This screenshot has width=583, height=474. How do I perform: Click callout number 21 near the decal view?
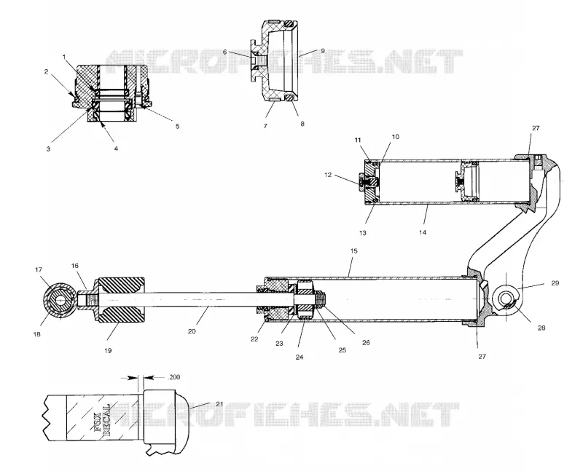(219, 404)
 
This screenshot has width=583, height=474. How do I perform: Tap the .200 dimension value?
(173, 377)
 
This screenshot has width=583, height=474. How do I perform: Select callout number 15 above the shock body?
(353, 251)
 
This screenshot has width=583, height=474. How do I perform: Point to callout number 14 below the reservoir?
(423, 232)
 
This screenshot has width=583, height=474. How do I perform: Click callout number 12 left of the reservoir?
(327, 175)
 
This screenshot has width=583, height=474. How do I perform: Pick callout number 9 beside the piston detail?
(322, 50)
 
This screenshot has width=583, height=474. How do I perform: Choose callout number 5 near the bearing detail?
(177, 126)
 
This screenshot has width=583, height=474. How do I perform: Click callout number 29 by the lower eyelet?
(555, 283)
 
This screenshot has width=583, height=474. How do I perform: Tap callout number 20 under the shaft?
(192, 331)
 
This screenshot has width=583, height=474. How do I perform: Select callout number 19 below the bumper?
(108, 350)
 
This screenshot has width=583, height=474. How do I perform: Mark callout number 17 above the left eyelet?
(39, 269)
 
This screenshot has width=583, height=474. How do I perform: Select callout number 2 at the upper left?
(46, 71)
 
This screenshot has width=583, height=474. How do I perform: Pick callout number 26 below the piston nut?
(366, 342)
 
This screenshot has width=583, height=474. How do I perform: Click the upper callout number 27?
(536, 128)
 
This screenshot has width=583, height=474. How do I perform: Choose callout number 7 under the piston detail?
(265, 126)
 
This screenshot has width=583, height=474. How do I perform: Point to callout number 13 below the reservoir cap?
(362, 233)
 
